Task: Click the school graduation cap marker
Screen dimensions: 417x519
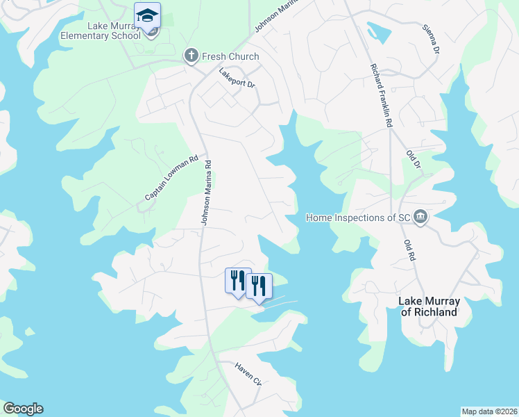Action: [x=147, y=15]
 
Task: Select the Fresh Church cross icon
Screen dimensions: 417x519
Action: [x=191, y=56]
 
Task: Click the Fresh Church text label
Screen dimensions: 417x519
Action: [x=230, y=56]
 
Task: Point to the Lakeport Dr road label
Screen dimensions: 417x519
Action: [x=237, y=77]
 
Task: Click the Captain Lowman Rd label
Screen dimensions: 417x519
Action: [x=171, y=178]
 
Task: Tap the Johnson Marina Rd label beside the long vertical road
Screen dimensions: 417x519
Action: [x=206, y=194]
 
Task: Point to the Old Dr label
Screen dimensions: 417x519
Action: [x=414, y=161]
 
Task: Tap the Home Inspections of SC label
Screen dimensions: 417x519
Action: [x=359, y=218]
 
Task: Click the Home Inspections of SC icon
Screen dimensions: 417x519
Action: [x=420, y=218]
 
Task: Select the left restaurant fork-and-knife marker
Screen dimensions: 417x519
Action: [x=237, y=280]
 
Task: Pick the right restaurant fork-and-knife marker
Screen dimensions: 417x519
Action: [x=259, y=286]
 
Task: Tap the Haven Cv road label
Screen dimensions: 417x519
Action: [x=248, y=375]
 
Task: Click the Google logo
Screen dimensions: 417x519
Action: [x=23, y=409]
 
